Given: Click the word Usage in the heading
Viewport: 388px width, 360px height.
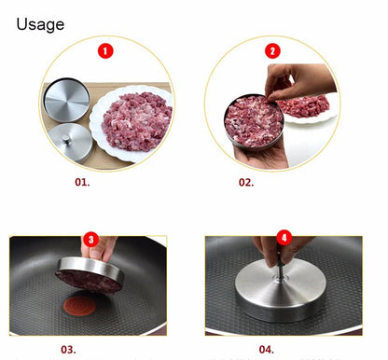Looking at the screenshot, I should tap(40, 23).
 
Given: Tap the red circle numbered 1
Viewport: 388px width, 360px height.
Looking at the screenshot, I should tap(106, 50).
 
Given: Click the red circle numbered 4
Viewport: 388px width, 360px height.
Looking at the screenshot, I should tap(284, 238).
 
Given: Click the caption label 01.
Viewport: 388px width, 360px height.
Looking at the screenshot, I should tap(82, 181).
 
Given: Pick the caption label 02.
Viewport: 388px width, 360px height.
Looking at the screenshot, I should tap(246, 181).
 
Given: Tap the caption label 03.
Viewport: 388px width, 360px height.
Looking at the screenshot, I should tap(68, 349).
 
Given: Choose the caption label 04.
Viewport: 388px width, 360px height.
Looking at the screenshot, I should tap(265, 349).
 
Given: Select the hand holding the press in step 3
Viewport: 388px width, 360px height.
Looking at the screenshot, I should tap(105, 248).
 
